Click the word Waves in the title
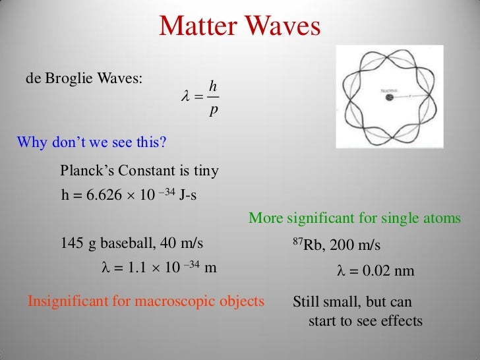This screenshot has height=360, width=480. [283, 26]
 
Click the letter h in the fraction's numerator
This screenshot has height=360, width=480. [212, 85]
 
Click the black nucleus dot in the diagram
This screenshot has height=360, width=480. [390, 98]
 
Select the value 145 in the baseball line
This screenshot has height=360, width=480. [72, 243]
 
